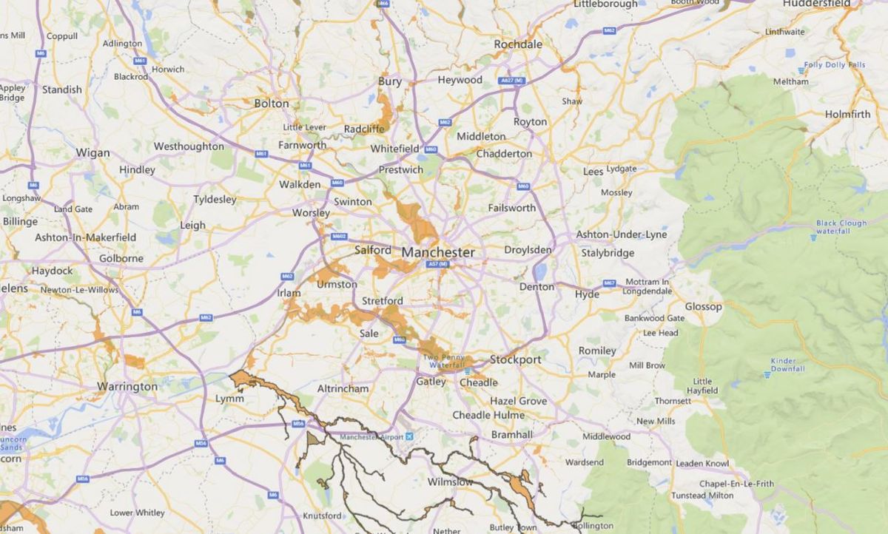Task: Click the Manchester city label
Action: tap(438, 252)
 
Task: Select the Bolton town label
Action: tap(272, 104)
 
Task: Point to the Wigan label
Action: tap(92, 153)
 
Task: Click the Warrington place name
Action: tap(127, 386)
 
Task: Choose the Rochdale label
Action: tap(518, 44)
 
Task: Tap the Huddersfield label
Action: tap(817, 4)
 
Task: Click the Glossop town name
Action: tap(703, 306)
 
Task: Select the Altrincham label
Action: tap(343, 388)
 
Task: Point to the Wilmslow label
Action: tap(451, 482)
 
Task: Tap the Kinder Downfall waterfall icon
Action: tap(767, 374)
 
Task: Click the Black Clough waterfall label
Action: tap(841, 226)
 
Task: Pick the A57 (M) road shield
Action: tap(438, 264)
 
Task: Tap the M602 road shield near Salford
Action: tap(340, 237)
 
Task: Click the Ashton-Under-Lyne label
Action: tap(622, 234)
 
